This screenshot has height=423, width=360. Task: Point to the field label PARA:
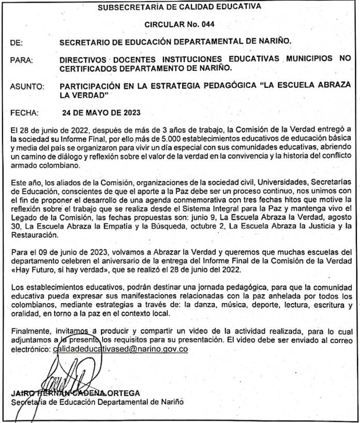click(21, 61)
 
